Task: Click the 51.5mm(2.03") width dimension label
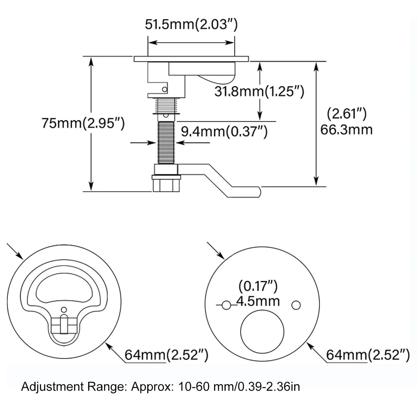coord(191,24)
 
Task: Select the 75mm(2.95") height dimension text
coord(83,123)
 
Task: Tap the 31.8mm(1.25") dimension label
coord(259,91)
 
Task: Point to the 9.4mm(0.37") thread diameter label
coord(224,131)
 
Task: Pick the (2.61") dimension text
coord(347,114)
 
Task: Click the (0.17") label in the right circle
coord(258,286)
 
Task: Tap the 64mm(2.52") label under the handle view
coord(166,355)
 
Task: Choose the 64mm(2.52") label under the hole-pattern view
coord(368,355)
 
